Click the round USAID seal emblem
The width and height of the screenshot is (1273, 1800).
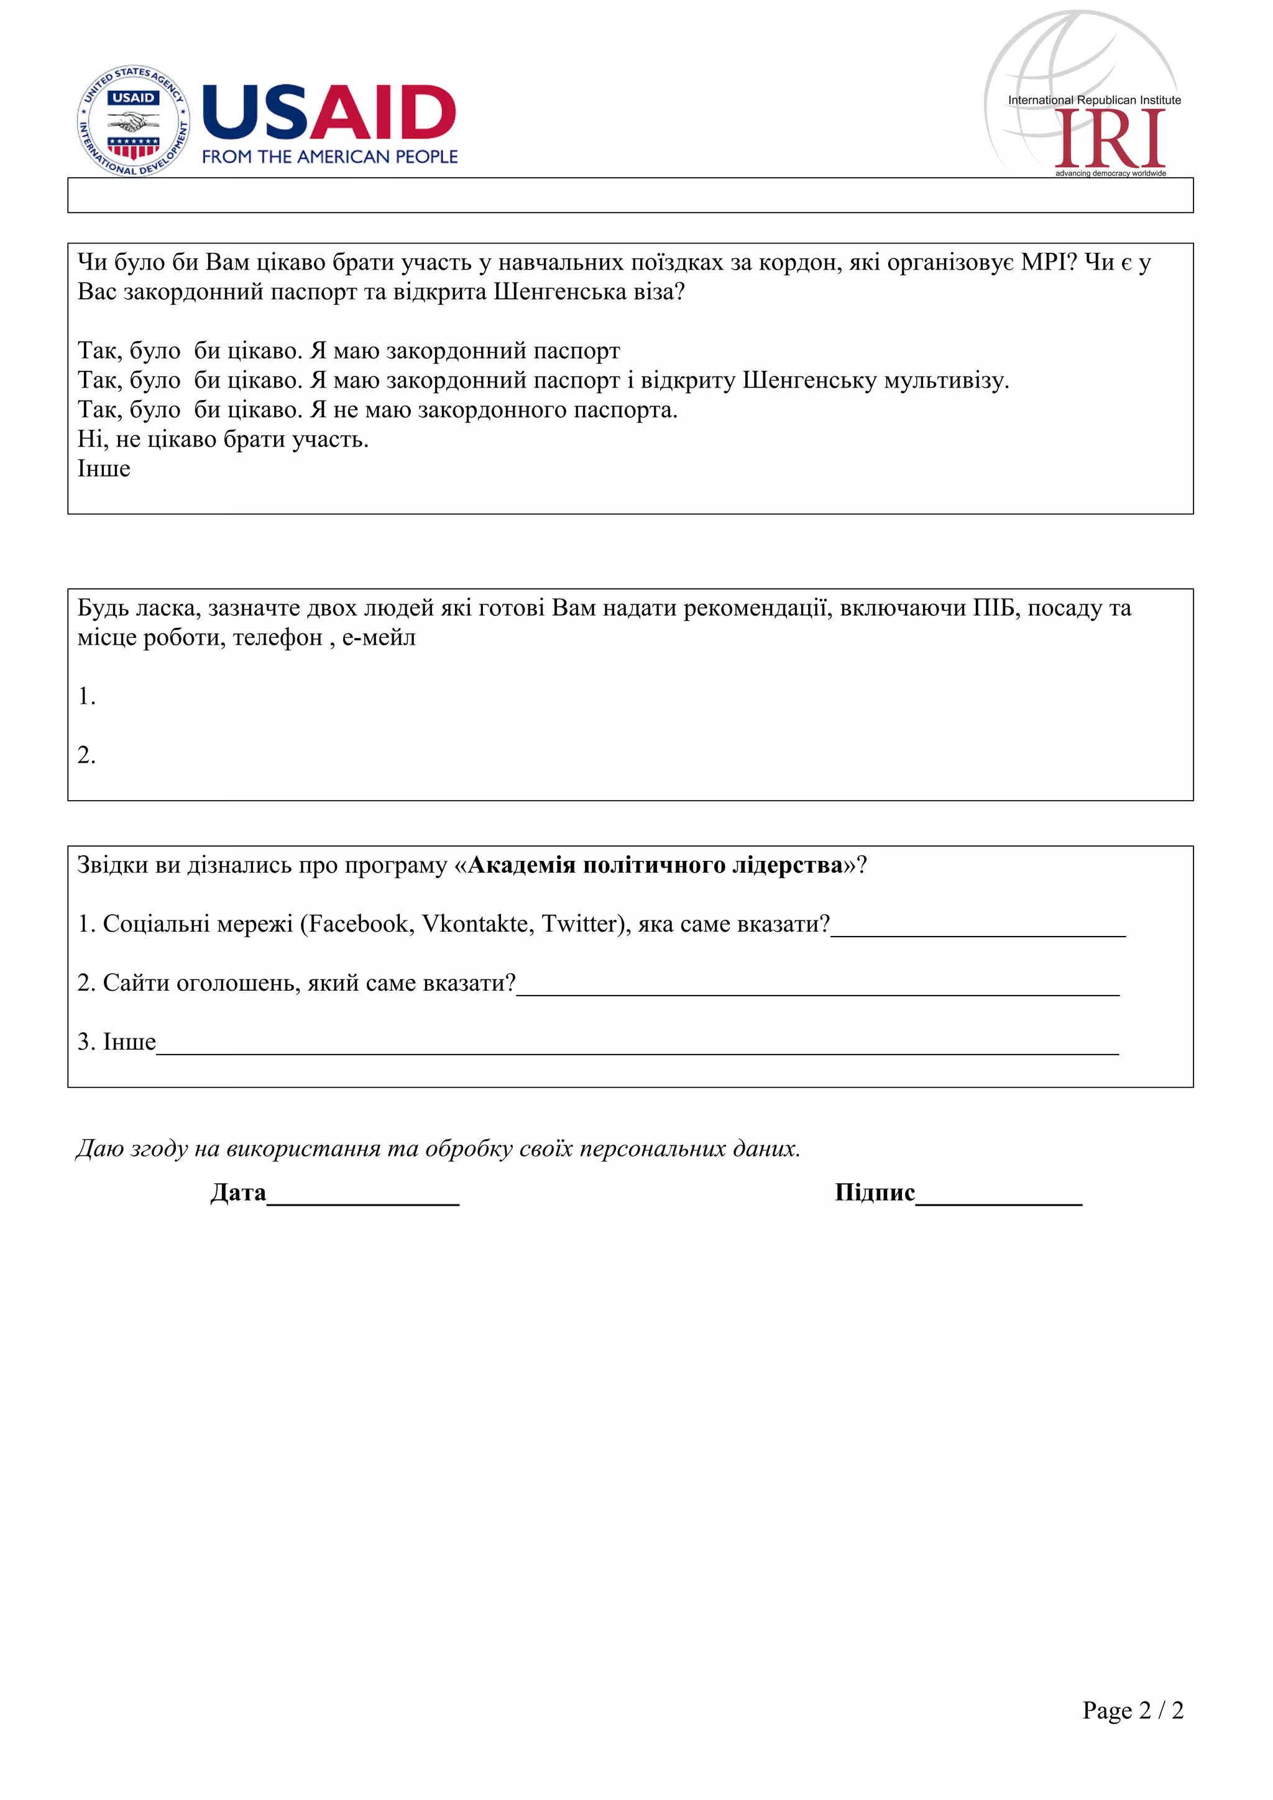click(134, 120)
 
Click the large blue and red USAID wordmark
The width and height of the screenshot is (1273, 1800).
click(329, 112)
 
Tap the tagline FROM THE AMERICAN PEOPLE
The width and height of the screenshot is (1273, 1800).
click(329, 157)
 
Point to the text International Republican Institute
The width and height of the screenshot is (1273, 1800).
click(1093, 101)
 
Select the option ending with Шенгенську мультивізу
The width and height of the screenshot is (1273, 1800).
click(543, 380)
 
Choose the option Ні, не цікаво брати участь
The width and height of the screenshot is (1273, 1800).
click(223, 439)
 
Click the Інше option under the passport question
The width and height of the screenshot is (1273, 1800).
click(104, 469)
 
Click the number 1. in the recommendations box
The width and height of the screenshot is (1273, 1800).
click(86, 696)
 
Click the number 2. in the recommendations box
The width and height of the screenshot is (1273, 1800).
click(86, 755)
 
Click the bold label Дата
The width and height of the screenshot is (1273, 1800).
click(237, 1193)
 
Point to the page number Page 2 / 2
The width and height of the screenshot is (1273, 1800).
click(1132, 1710)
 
